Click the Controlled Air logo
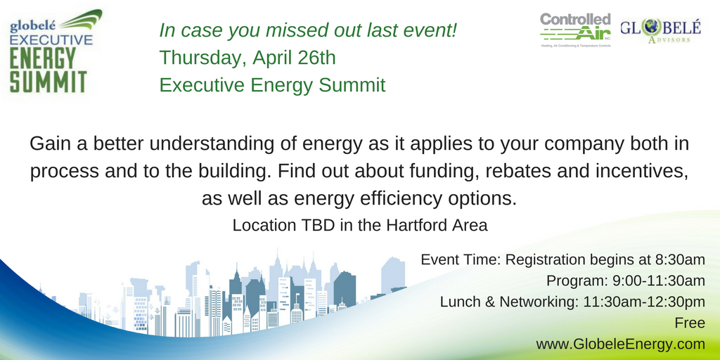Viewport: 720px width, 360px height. pyautogui.click(x=576, y=30)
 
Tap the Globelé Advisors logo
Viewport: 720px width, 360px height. pyautogui.click(x=660, y=30)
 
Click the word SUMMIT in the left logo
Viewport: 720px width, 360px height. pyautogui.click(x=49, y=81)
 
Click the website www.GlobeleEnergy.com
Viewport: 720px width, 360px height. pyautogui.click(x=620, y=344)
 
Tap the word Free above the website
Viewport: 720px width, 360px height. pyautogui.click(x=689, y=323)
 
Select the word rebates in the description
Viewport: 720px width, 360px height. pyautogui.click(x=531, y=172)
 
